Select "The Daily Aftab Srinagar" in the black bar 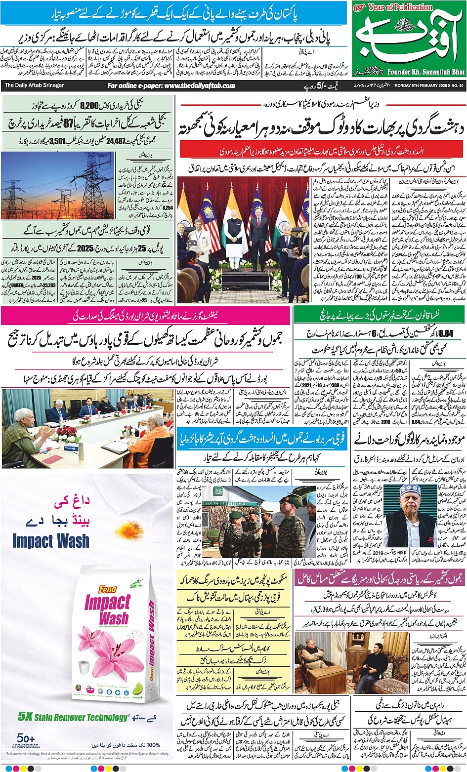tap(34, 85)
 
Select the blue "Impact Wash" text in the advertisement tap(51, 540)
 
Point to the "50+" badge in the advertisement tap(24, 737)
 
